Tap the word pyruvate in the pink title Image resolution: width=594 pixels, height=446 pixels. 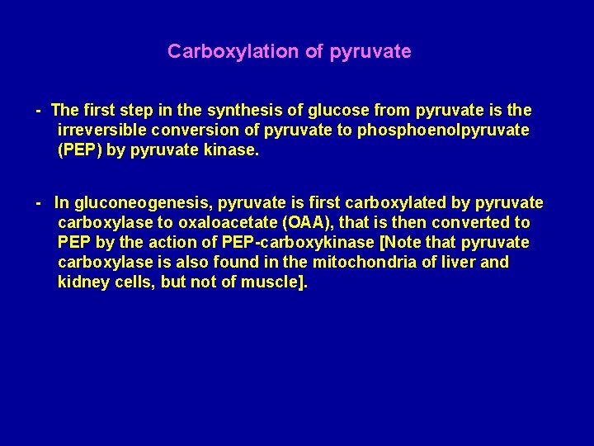pos(370,51)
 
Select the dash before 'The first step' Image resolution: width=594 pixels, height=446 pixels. pos(38,110)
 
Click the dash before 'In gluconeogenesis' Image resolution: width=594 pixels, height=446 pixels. pos(38,202)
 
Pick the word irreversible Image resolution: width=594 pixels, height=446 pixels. pos(104,130)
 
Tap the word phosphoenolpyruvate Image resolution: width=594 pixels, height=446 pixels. pos(443,130)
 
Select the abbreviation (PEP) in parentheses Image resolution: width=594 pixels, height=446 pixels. pos(78,149)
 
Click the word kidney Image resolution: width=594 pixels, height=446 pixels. pos(82,282)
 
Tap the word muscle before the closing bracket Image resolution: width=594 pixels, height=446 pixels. pos(271,282)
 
